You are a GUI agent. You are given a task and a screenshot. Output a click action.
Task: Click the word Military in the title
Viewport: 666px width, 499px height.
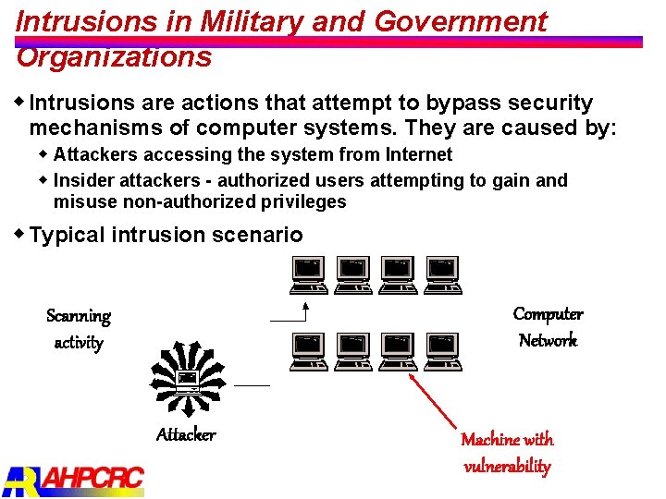244,21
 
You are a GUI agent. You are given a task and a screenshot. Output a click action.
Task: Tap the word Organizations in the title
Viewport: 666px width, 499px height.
114,57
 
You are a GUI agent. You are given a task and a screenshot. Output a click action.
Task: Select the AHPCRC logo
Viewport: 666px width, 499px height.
74,478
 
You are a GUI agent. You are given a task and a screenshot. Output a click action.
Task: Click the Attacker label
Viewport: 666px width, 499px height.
186,434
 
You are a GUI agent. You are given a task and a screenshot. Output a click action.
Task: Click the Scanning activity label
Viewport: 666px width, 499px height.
79,329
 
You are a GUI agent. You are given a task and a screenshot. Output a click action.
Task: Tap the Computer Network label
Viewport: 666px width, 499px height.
548,327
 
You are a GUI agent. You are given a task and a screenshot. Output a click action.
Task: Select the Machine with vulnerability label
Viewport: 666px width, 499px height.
507,452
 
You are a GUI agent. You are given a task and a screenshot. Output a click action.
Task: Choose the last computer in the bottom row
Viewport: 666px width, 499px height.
443,352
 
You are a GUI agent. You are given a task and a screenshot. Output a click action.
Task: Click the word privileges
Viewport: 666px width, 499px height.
302,201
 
